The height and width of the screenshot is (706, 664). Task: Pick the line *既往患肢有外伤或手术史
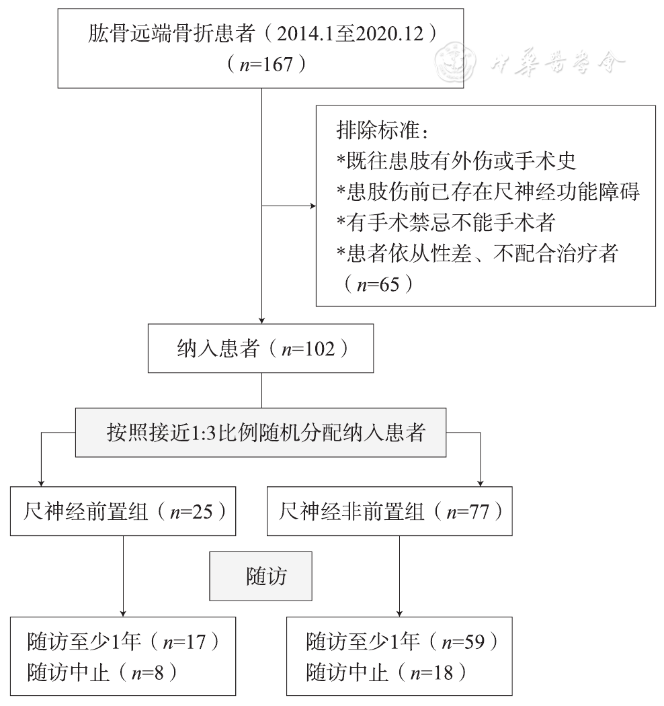456,160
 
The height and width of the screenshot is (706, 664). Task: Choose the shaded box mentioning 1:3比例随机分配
261,432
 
